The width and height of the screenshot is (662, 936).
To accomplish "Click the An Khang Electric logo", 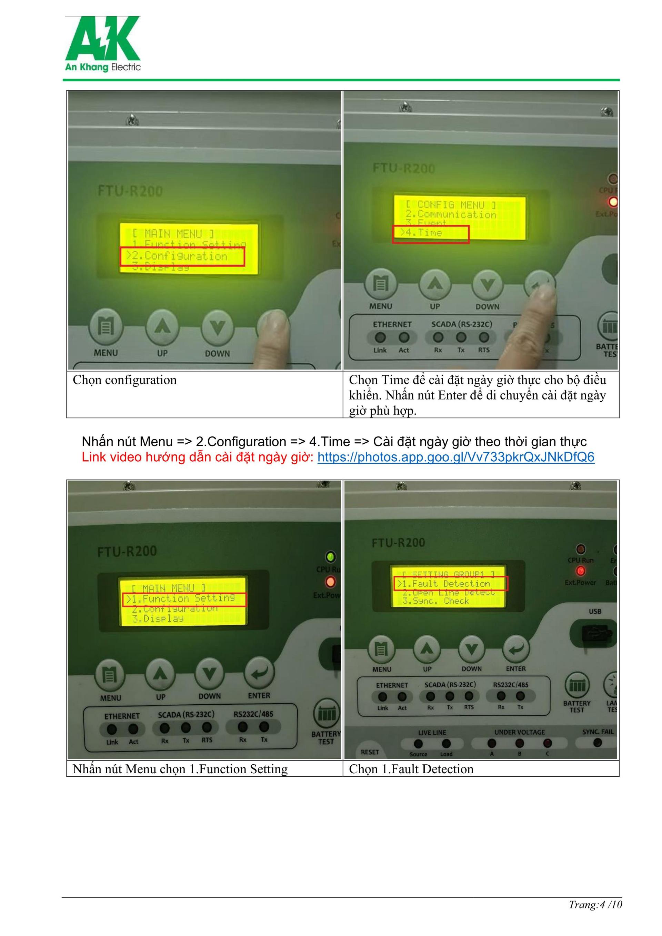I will pos(103,44).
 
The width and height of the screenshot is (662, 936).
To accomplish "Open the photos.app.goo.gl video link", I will pos(455,457).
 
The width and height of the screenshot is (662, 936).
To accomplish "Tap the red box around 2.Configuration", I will pos(182,256).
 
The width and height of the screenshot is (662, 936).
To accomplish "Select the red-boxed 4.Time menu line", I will pos(430,234).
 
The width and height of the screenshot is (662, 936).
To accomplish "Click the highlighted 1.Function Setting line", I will pos(184,599).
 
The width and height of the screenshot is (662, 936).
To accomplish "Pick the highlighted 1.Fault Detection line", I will pos(450,584).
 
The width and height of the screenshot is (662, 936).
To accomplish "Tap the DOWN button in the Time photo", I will pos(488,284).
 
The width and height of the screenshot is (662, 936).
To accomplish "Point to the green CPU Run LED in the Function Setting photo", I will pos(330,556).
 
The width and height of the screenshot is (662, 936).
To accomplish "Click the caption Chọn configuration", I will pos(125,380).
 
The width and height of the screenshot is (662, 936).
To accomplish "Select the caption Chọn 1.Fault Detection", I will pos(411,769).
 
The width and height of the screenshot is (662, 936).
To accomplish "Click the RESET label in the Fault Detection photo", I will pos(370,752).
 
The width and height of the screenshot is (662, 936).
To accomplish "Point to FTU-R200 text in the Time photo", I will pos(403,168).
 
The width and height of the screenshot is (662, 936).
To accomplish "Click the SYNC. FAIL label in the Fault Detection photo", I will pos(598,732).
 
